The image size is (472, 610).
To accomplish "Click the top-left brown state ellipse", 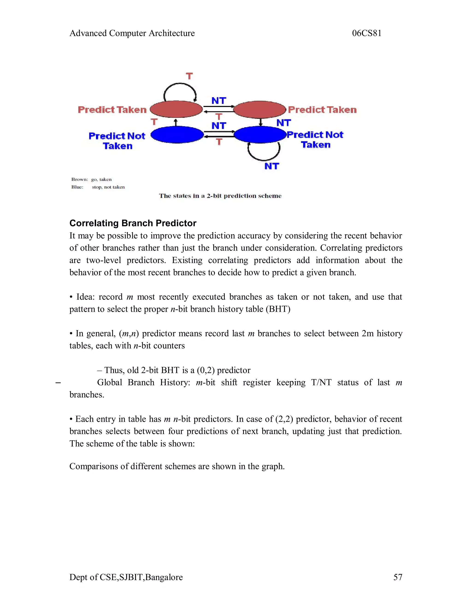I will (176, 109).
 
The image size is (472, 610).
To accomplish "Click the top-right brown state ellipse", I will (260, 109).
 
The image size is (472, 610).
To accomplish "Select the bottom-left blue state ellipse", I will (177, 135).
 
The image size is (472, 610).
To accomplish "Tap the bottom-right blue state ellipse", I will (260, 135).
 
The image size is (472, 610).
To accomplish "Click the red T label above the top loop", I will (189, 76).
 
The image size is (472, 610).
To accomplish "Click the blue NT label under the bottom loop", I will (271, 166).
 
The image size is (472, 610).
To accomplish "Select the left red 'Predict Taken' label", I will (112, 110).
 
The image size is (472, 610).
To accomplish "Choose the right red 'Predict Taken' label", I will (322, 110).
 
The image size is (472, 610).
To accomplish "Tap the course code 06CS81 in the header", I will (367, 33).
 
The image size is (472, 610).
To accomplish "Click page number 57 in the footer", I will (398, 577).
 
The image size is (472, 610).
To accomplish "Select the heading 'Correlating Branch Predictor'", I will (133, 223).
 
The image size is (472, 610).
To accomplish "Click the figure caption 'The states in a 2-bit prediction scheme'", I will (220, 196).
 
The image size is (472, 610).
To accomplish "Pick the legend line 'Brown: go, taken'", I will (91, 179).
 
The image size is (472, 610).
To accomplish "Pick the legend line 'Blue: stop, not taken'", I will (98, 187).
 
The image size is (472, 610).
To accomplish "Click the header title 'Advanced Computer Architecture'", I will (132, 33).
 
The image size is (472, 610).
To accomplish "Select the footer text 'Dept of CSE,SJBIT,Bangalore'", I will (126, 577).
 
